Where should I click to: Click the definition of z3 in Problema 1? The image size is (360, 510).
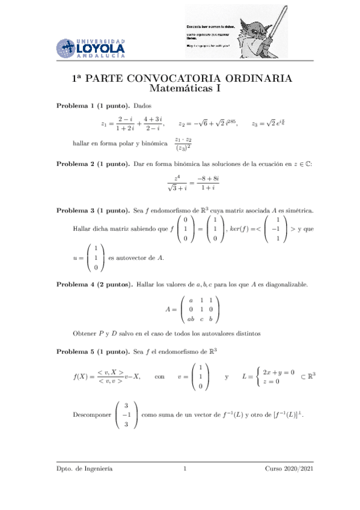[274, 124]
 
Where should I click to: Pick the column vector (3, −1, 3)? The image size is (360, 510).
[127, 415]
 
